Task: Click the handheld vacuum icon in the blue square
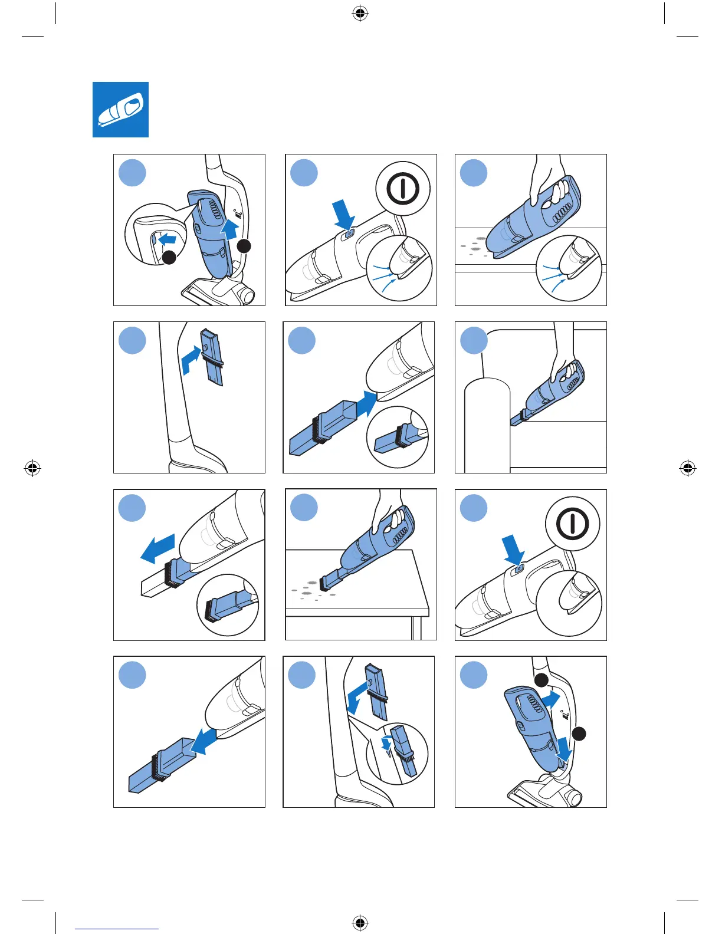(x=120, y=110)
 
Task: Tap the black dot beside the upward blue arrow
(x=244, y=246)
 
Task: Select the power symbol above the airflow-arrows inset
(x=403, y=189)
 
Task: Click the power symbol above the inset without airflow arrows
(x=572, y=524)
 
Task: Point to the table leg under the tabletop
(x=416, y=628)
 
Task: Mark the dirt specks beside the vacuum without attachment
(x=475, y=245)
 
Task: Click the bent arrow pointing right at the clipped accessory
(x=191, y=360)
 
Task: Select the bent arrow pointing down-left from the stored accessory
(x=357, y=696)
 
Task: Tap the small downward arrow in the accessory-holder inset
(x=386, y=745)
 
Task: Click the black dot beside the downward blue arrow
(x=579, y=734)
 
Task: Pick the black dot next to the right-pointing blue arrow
(x=541, y=680)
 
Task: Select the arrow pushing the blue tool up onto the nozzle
(x=366, y=404)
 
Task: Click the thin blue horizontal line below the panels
(x=117, y=929)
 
